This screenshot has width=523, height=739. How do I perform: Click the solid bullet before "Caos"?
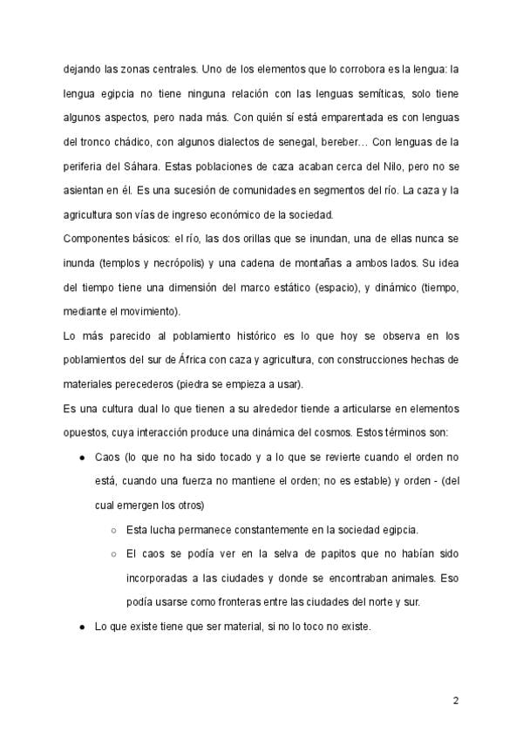(x=81, y=457)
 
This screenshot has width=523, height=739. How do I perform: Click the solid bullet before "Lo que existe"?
(x=81, y=625)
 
